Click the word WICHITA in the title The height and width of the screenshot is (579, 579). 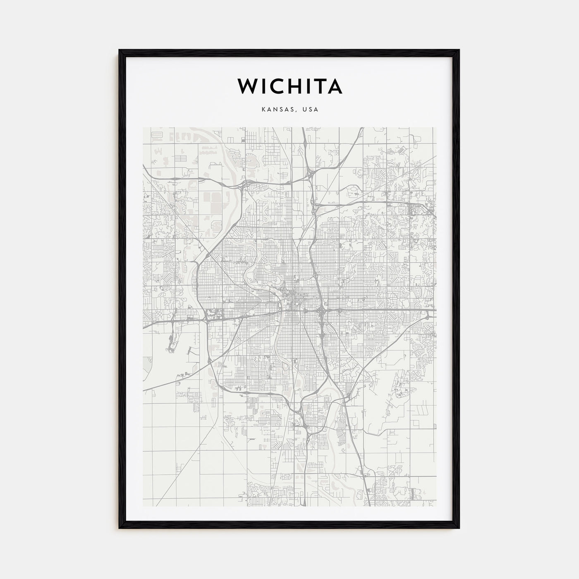point(289,86)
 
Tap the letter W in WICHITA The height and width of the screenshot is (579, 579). point(246,86)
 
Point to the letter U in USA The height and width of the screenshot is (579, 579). point(305,110)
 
